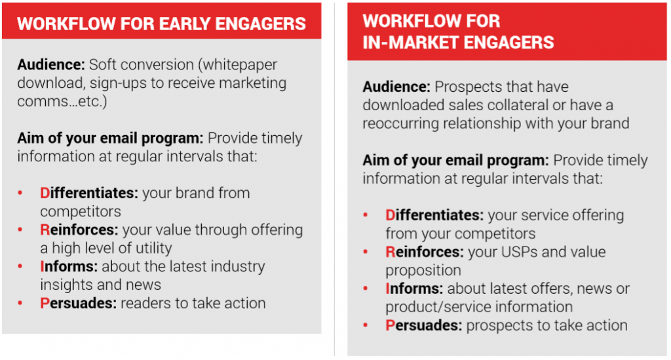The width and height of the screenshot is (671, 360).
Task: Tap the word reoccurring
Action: coord(401,123)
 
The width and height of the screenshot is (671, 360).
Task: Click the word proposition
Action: coord(423,270)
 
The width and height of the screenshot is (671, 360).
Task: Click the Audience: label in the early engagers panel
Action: coord(51,65)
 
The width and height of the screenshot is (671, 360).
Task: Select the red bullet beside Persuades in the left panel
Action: coord(20,304)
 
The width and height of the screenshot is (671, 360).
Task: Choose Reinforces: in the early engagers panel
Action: coord(79,230)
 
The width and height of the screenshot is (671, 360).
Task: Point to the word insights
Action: coord(66,285)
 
